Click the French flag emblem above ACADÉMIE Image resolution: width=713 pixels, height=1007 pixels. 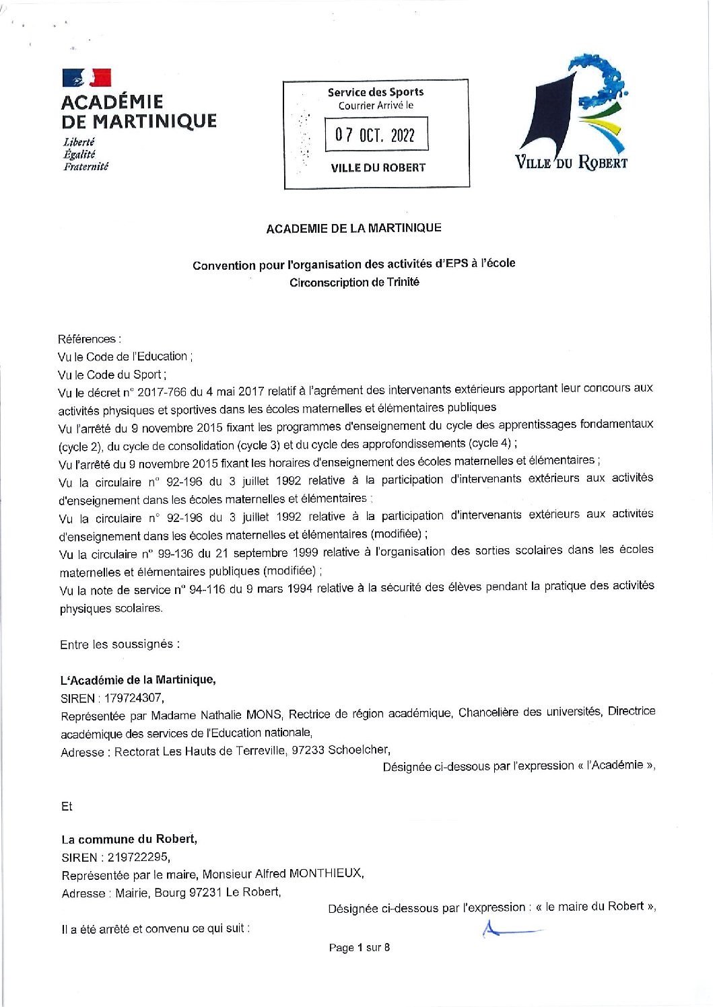[87, 79]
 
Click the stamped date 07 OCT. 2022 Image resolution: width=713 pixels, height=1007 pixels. [376, 135]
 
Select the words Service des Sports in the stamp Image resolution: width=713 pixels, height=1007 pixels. [376, 92]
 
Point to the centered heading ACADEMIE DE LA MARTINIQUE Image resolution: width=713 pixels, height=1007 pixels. [353, 228]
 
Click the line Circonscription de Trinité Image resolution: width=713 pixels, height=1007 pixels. [354, 283]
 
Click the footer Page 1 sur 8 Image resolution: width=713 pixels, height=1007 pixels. [359, 948]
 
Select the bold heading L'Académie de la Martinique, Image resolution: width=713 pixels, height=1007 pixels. [138, 679]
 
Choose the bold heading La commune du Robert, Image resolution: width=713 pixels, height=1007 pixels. [129, 840]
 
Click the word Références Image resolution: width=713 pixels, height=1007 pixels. [88, 339]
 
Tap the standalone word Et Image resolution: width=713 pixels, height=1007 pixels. [67, 807]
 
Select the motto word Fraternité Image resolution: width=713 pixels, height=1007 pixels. [86, 166]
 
